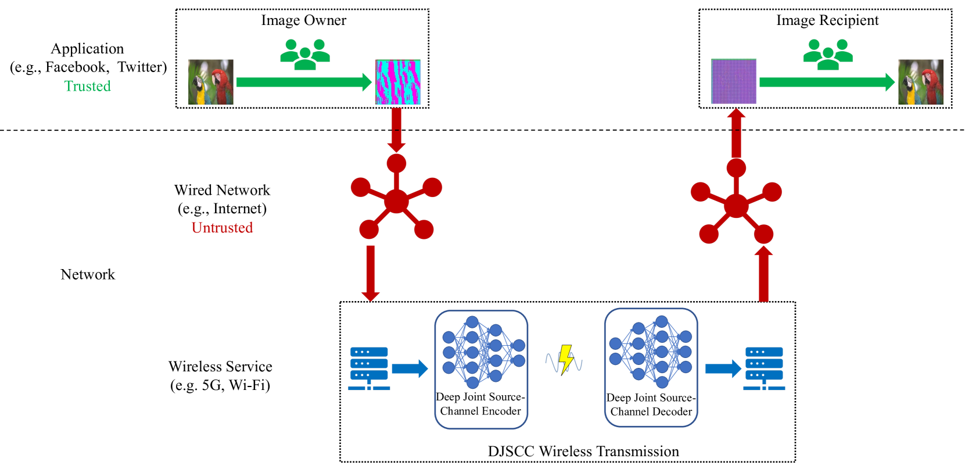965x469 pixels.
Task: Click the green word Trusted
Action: coord(88,86)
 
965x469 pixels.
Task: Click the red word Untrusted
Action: coord(223,228)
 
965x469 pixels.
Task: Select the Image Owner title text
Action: coord(304,21)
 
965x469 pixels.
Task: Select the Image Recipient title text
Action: coord(827,21)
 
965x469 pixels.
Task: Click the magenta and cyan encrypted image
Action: coord(397,82)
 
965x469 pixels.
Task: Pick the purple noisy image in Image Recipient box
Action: coord(734,81)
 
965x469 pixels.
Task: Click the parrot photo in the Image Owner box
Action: coord(211,82)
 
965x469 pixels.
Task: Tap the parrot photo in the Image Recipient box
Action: coord(921,82)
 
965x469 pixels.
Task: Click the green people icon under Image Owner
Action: coord(305,54)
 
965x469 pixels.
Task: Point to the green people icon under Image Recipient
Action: coord(828,54)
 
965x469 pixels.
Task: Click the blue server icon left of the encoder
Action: coord(369,368)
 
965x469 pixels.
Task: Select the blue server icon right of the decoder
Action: coord(764,368)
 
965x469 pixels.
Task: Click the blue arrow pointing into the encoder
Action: coord(410,368)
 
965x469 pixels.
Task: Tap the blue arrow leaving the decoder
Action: coord(723,368)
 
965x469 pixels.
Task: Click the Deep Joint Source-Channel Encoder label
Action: coord(480,404)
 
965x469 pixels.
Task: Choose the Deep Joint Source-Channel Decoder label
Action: coord(651,404)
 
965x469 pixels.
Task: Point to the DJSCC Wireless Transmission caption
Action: coord(583,452)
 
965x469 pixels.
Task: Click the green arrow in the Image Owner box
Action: coord(304,82)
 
